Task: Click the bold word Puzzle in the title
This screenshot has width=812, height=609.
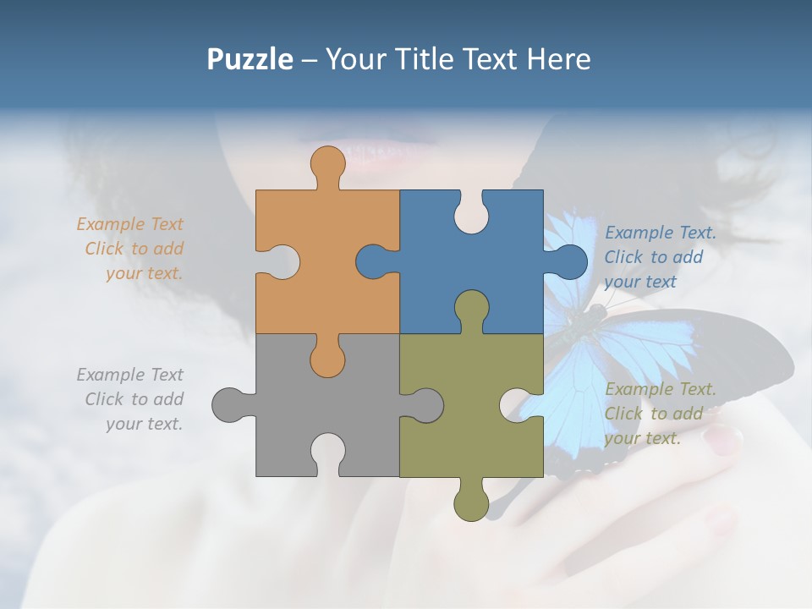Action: [x=250, y=59]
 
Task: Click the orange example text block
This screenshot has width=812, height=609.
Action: [x=130, y=249]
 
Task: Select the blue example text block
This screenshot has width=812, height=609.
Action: [x=660, y=257]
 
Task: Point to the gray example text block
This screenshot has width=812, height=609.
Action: [x=130, y=399]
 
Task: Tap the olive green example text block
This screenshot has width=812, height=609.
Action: [x=660, y=414]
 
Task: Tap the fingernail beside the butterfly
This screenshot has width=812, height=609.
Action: [x=723, y=437]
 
